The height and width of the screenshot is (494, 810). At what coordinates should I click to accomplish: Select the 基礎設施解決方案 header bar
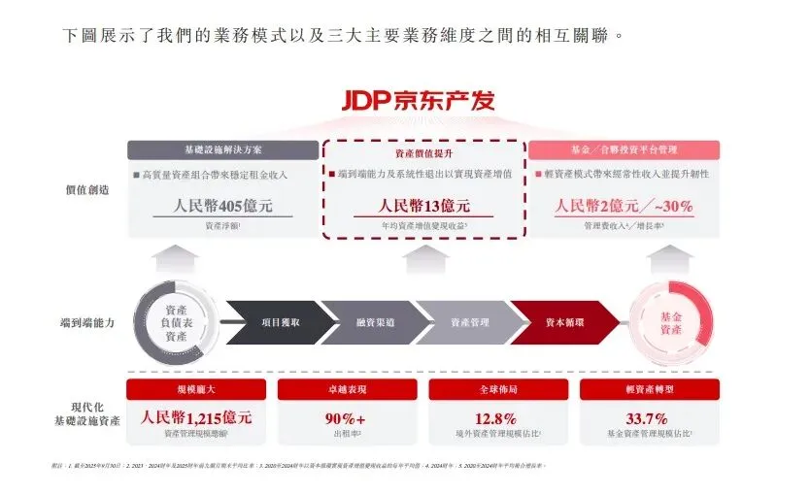(222, 150)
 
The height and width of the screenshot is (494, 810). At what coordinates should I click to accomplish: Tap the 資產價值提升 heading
(422, 153)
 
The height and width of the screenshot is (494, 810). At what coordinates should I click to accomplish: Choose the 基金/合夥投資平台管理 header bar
(624, 150)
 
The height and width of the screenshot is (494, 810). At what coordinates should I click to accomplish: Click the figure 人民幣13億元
(422, 206)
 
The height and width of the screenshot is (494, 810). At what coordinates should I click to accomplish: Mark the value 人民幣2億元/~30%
(624, 206)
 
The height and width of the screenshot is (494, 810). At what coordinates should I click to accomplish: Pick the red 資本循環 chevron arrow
(560, 321)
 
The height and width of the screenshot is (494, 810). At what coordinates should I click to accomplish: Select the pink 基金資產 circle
(670, 322)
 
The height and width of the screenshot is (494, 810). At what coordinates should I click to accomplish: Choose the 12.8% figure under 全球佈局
(498, 418)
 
